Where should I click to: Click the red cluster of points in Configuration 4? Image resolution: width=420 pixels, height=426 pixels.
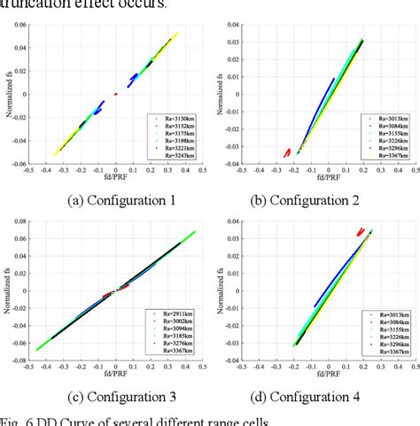pos(360,232)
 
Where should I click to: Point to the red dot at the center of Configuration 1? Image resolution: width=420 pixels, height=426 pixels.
pos(115,94)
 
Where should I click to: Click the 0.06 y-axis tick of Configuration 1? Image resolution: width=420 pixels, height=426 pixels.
pos(18,25)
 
